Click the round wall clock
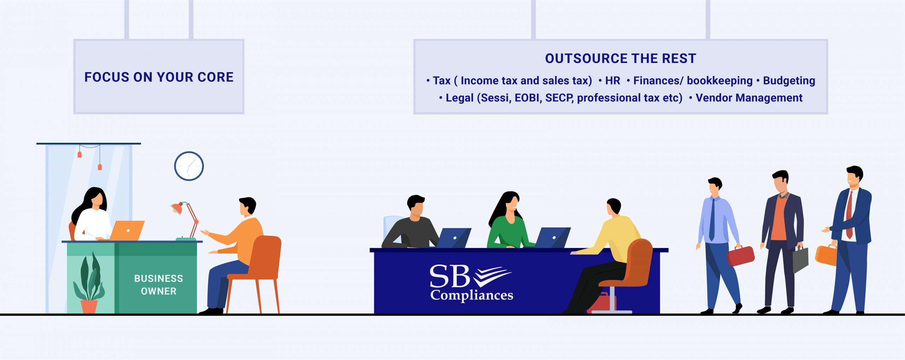click(189, 166)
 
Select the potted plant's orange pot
click(89, 307)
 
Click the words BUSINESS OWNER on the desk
click(158, 285)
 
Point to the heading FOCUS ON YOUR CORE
click(159, 77)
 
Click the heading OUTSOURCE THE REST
click(620, 58)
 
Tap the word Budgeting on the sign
click(789, 81)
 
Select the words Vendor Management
click(749, 98)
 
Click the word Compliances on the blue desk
click(472, 295)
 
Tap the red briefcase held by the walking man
click(741, 256)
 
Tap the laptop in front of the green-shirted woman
click(552, 238)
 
